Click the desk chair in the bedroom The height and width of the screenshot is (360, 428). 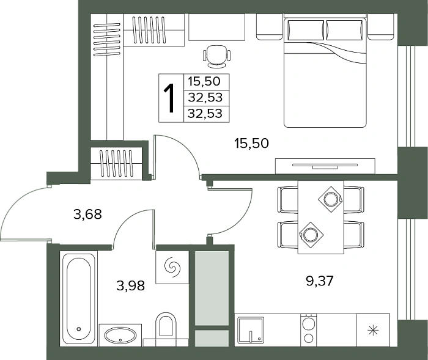click(216, 56)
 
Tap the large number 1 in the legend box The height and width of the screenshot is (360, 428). click(169, 98)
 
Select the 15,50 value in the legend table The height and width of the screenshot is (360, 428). click(204, 82)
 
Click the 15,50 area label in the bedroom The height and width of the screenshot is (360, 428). click(251, 143)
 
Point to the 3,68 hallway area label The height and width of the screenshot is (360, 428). click(87, 215)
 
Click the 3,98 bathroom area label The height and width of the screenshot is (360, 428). click(130, 286)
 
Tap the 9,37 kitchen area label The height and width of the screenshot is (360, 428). click(320, 281)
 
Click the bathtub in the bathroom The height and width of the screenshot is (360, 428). click(79, 299)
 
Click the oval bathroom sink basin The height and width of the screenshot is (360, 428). click(120, 334)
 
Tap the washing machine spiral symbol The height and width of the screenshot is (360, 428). click(172, 267)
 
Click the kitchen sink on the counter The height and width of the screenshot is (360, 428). click(251, 329)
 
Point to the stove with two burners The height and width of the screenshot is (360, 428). click(308, 329)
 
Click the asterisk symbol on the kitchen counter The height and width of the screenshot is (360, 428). click(373, 331)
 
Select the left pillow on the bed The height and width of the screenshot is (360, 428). click(305, 31)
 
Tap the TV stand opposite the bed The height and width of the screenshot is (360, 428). click(325, 166)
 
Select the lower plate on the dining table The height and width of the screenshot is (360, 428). click(311, 235)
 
